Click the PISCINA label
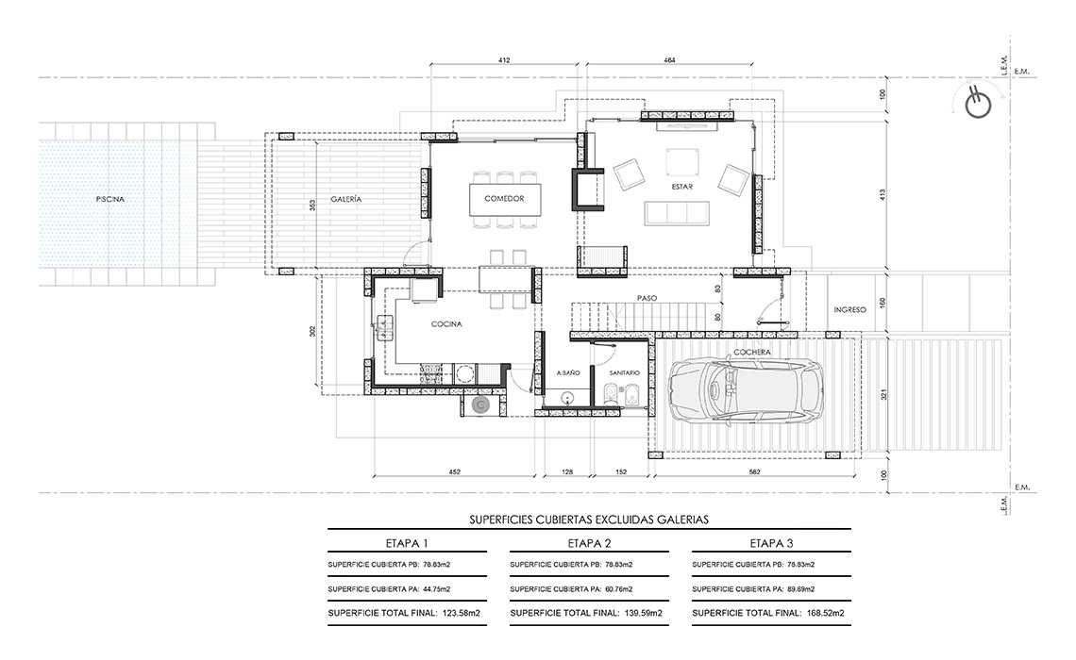[x=110, y=199]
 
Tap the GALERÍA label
[x=345, y=199]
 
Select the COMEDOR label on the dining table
[x=504, y=199]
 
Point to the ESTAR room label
[x=682, y=187]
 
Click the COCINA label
[x=446, y=324]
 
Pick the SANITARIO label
[x=625, y=372]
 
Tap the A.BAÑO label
[x=568, y=372]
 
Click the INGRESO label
[x=849, y=310]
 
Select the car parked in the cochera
[x=746, y=390]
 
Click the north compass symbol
[x=979, y=104]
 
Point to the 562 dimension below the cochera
[x=755, y=471]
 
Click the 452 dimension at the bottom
[x=454, y=471]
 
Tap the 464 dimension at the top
[x=670, y=60]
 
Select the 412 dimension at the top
[x=504, y=60]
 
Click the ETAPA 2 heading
[x=590, y=543]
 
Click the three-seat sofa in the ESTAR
[x=677, y=213]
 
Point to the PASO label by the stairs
[x=647, y=298]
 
